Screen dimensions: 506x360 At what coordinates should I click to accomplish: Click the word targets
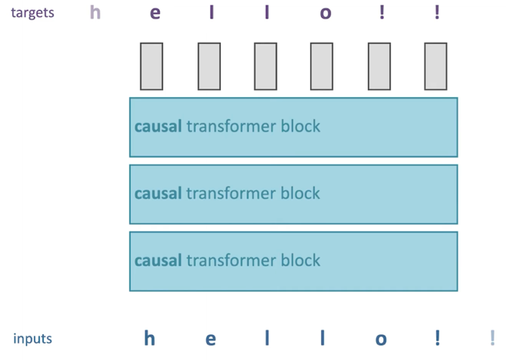tap(33, 13)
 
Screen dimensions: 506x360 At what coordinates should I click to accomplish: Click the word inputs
tap(33, 339)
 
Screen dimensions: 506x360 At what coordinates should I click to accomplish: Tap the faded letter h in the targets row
tap(95, 12)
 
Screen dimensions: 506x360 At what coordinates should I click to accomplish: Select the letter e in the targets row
tap(155, 13)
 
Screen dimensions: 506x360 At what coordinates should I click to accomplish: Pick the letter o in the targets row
tap(326, 13)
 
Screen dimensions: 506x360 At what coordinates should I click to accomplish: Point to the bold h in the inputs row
tap(149, 338)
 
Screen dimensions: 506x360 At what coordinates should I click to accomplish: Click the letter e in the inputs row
tap(211, 339)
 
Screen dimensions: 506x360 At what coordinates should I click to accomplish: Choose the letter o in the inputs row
tap(381, 339)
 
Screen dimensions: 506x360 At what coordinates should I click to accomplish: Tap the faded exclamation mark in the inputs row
tap(493, 337)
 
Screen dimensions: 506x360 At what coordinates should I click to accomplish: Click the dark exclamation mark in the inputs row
tap(438, 337)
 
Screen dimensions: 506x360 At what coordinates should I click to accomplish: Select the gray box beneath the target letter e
tap(152, 66)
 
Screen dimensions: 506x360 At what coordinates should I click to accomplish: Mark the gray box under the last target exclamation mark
tap(435, 66)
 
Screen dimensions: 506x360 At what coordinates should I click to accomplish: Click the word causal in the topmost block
tap(158, 126)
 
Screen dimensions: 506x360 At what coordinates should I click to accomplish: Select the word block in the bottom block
tap(301, 260)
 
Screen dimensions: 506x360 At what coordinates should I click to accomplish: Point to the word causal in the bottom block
tap(158, 260)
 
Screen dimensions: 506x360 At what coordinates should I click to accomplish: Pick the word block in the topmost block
tap(301, 126)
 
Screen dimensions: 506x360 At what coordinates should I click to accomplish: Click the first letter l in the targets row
tap(211, 12)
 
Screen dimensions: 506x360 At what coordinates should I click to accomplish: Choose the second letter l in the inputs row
tap(323, 338)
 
